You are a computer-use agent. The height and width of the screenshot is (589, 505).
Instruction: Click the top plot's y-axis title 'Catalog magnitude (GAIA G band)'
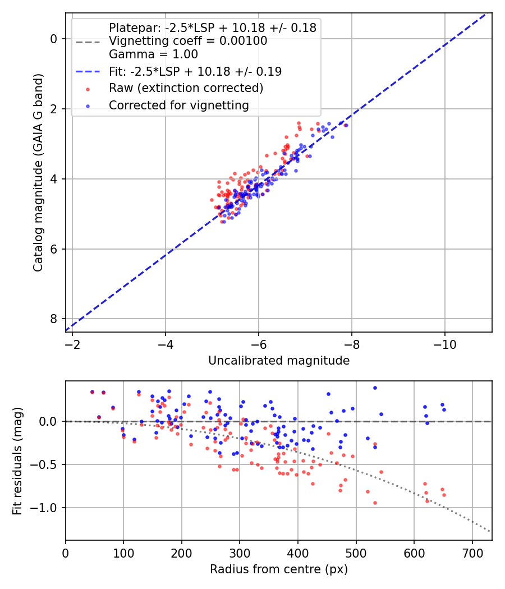tap(38, 172)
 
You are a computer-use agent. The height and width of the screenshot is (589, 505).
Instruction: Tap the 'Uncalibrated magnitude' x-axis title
tap(279, 361)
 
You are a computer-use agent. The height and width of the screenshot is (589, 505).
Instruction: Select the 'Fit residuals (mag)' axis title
tap(17, 461)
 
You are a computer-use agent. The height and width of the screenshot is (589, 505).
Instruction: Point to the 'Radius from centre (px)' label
tap(279, 569)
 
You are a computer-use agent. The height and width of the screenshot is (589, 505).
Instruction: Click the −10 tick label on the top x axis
tap(444, 344)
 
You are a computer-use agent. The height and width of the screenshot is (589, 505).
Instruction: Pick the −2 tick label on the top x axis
tap(72, 344)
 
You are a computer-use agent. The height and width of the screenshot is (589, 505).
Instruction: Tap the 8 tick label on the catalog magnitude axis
tap(54, 319)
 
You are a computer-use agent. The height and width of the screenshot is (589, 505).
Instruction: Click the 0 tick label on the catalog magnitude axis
tap(54, 39)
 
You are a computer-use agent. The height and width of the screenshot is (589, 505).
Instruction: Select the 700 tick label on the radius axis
tap(472, 553)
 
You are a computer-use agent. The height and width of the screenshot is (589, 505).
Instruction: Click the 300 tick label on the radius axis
tap(240, 553)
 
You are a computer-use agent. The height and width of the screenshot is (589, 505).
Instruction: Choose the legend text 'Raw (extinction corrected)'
tap(186, 88)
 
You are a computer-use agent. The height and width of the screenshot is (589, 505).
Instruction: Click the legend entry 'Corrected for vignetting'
tap(179, 105)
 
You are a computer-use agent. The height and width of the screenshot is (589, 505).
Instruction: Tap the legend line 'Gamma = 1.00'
tap(153, 54)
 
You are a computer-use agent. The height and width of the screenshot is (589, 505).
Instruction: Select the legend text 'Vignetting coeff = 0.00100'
tap(188, 40)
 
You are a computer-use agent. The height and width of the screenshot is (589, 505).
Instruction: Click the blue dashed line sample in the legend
tap(88, 72)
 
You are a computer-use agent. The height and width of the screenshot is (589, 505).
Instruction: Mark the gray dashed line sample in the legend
tap(88, 42)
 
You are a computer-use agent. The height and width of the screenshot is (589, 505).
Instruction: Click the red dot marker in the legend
tap(88, 89)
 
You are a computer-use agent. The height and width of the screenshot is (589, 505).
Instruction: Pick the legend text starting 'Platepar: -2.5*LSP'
tap(213, 27)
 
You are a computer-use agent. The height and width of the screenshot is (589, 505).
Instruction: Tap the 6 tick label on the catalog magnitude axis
tap(54, 249)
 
